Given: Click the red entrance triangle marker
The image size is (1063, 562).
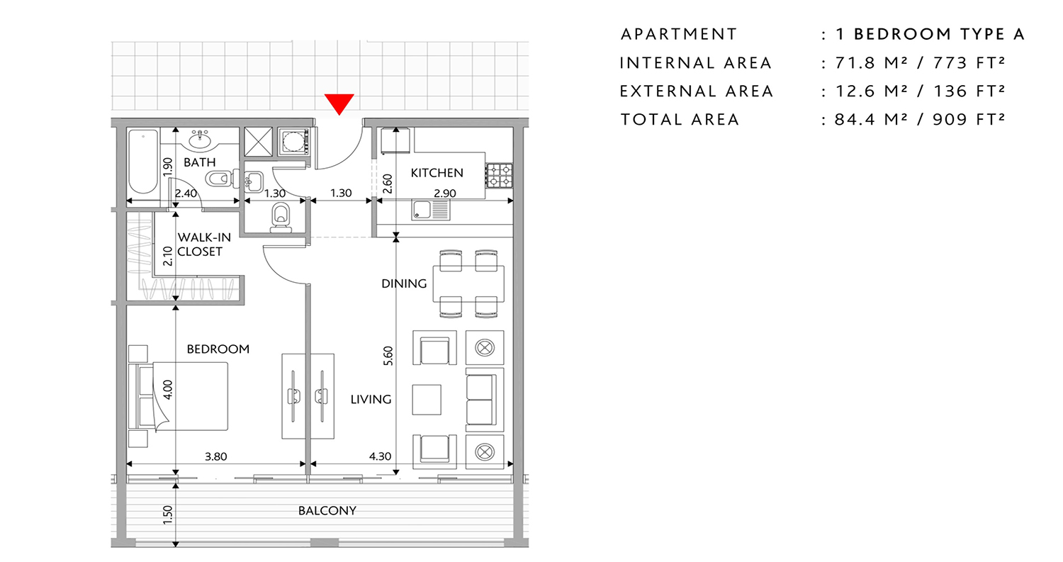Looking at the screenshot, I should tap(340, 103).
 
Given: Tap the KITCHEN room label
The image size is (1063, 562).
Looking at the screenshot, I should tap(437, 172).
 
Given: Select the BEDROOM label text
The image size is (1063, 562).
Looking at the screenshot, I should tap(218, 349).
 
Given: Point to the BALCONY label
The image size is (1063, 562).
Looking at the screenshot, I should tap(327, 510).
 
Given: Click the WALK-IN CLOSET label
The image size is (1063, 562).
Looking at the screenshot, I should tap(200, 245).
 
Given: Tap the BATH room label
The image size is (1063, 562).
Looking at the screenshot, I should tap(199, 162).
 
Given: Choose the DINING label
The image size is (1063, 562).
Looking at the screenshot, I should tap(404, 283).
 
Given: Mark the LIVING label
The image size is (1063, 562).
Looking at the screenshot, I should tap(371, 400).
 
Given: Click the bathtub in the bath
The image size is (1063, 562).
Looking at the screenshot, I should tap(143, 162).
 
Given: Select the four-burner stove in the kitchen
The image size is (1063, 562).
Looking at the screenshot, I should tap(499, 176).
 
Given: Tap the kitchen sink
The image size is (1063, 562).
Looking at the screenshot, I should tap(431, 210).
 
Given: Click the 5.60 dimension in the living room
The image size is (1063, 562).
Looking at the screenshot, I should tap(388, 356).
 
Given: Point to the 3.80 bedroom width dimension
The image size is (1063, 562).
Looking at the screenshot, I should tap(215, 456).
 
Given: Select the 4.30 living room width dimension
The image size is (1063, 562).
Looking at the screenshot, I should tap(380, 456).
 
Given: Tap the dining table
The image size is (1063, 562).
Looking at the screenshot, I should tap(468, 283).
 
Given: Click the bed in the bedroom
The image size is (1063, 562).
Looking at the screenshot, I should tap(184, 395).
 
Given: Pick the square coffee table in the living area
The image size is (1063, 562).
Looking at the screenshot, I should tap(427, 399).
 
